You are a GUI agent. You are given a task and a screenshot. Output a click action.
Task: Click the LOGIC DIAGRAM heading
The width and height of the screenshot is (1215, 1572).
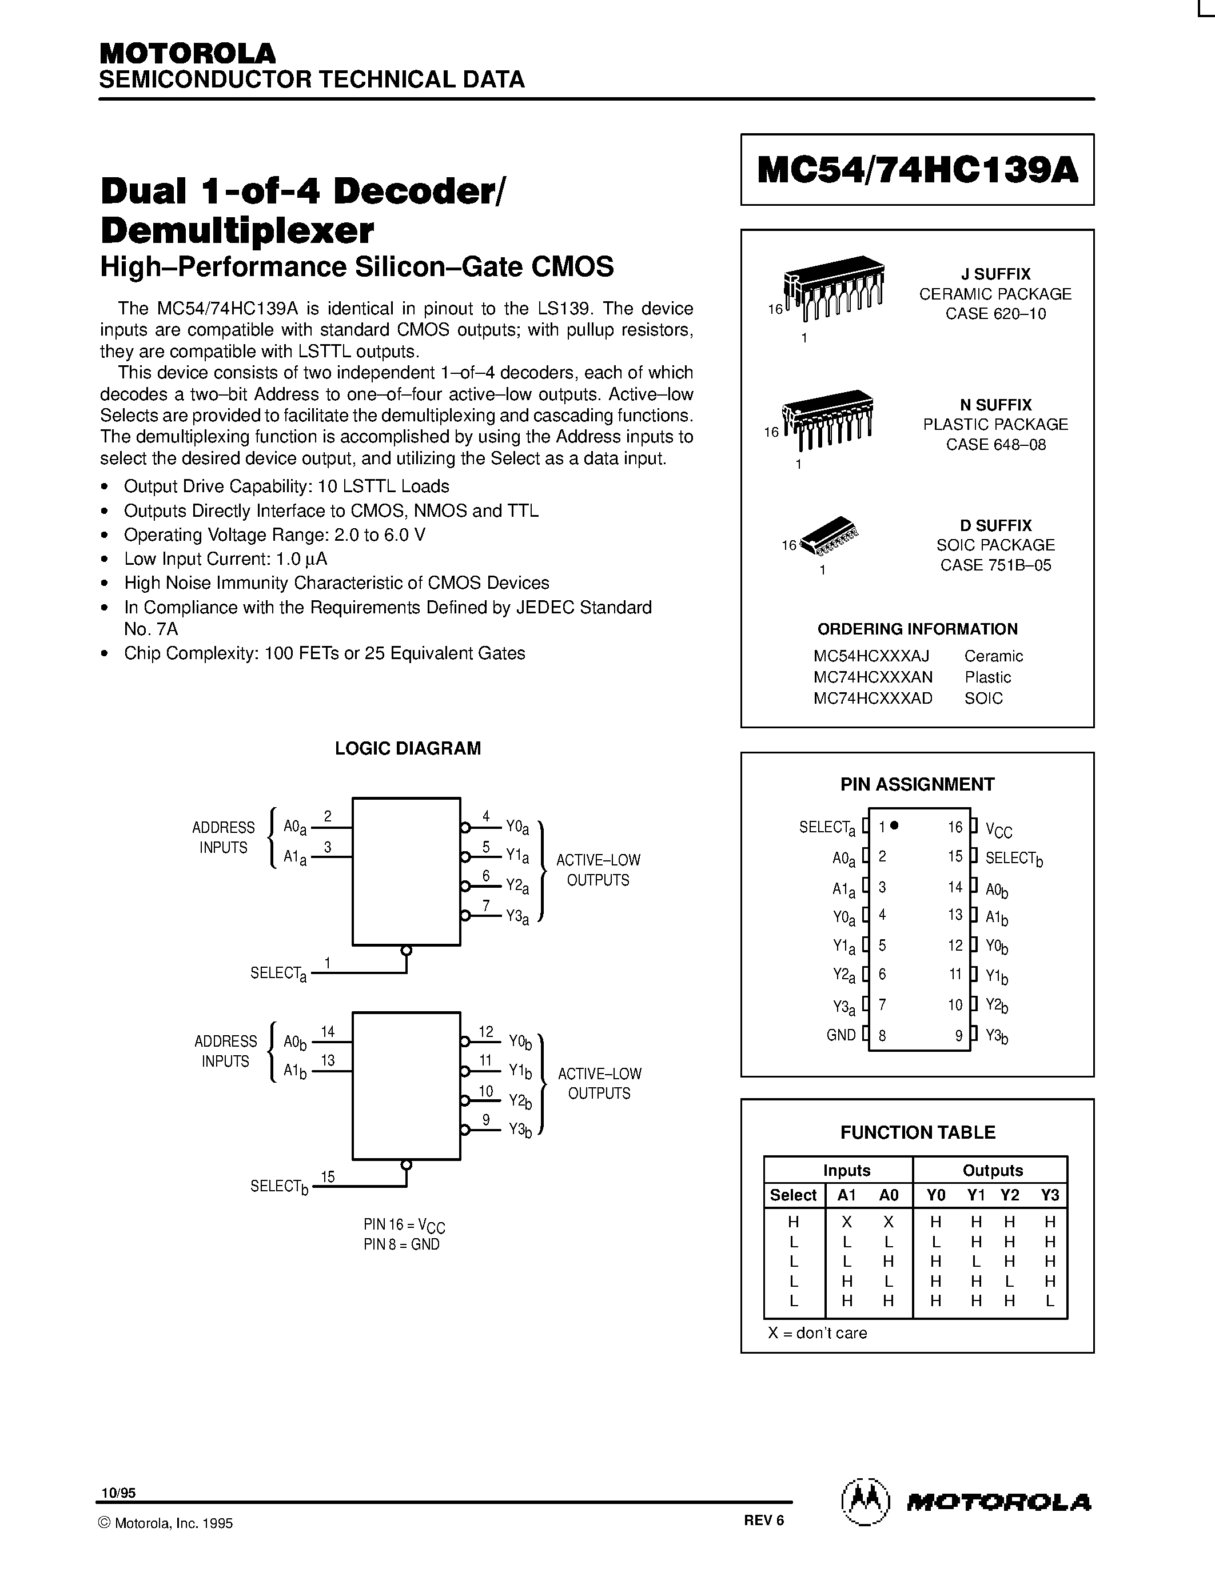(x=408, y=749)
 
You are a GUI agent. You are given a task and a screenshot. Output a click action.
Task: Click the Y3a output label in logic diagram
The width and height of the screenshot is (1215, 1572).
(x=517, y=917)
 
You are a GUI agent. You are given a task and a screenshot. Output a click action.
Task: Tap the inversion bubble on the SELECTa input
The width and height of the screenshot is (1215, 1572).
(x=406, y=950)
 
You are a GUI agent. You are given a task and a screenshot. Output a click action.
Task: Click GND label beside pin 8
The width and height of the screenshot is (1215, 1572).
(x=840, y=1035)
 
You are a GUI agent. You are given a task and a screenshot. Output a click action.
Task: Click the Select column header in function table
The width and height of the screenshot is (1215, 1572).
(x=792, y=1195)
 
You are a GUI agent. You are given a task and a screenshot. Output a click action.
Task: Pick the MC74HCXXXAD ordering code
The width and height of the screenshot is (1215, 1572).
(x=873, y=698)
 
